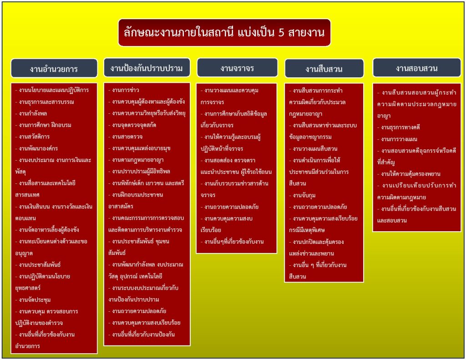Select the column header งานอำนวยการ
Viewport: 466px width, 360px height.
54,69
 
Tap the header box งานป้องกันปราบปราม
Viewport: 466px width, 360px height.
147,68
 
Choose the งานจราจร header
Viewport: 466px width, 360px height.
237,68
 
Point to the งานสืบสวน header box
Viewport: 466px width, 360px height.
324,69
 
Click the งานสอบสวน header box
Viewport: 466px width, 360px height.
416,68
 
